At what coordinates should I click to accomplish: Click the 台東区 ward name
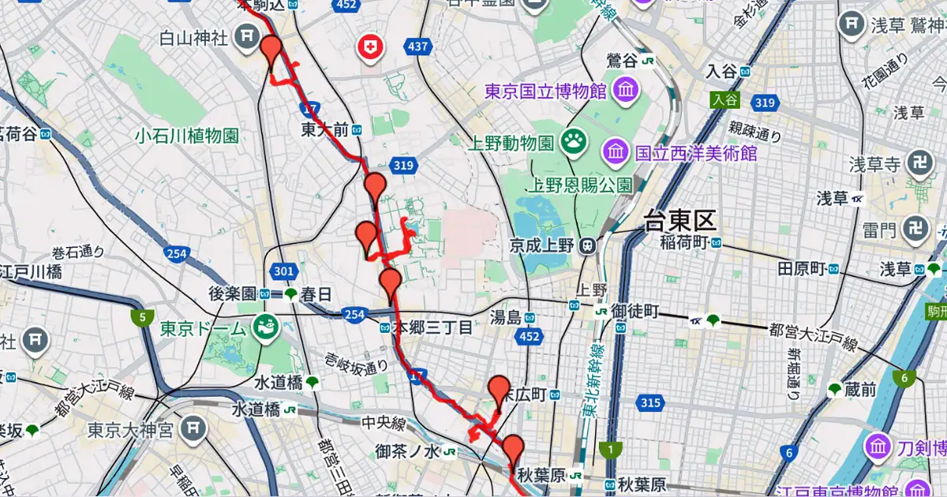pyautogui.click(x=679, y=221)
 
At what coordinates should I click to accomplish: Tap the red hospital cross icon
pyautogui.click(x=369, y=48)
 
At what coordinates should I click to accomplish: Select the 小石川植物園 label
pyautogui.click(x=186, y=136)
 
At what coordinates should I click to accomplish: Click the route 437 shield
pyautogui.click(x=418, y=47)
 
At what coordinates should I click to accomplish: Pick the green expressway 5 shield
pyautogui.click(x=142, y=319)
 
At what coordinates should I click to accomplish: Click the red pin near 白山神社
pyautogui.click(x=272, y=52)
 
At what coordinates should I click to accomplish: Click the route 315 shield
pyautogui.click(x=650, y=403)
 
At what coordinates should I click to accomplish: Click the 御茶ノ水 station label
pyautogui.click(x=408, y=451)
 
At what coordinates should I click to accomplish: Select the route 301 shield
pyautogui.click(x=283, y=271)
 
